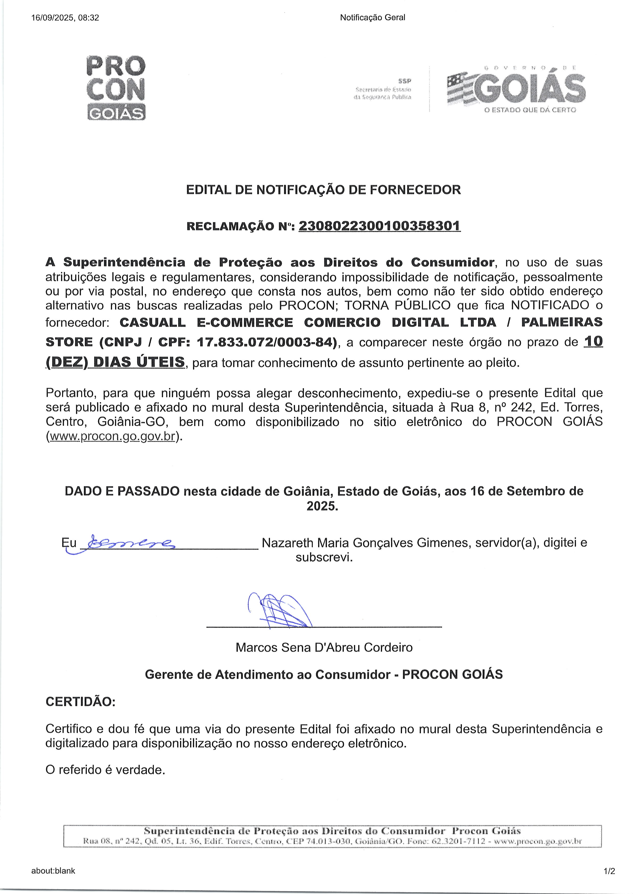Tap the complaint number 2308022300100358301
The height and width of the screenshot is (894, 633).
[x=379, y=226]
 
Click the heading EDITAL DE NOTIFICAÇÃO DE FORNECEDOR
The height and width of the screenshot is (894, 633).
[x=323, y=190]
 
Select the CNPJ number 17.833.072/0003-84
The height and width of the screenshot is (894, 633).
[x=266, y=342]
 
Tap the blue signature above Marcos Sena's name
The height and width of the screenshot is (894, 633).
[x=279, y=609]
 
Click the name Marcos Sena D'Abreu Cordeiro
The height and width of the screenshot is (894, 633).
[x=324, y=648]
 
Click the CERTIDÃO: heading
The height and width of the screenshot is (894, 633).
[x=80, y=702]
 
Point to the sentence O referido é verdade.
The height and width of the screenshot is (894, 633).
[x=105, y=770]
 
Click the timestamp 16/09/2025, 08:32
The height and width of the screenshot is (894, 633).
[x=65, y=18]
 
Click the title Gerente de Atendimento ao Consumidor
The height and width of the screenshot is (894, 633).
[x=267, y=674]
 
